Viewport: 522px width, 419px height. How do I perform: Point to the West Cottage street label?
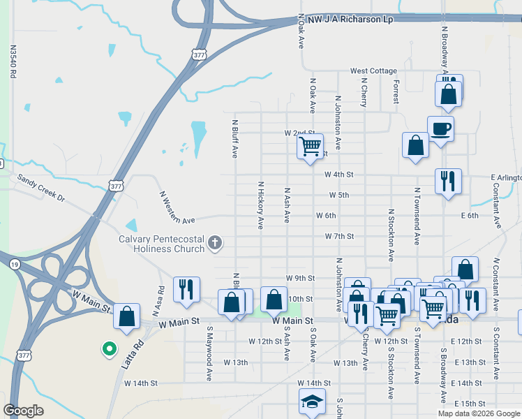(x=373, y=71)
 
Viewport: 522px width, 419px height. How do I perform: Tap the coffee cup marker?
(x=440, y=129)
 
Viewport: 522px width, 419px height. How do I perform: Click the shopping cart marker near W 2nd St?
(x=310, y=147)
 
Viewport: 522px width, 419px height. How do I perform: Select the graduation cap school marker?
(x=312, y=402)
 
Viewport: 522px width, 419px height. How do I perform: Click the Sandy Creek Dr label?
(x=41, y=188)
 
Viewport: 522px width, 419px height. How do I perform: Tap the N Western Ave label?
(x=177, y=208)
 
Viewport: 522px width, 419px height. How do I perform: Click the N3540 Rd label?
(x=13, y=62)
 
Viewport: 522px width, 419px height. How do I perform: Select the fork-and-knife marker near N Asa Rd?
(x=186, y=289)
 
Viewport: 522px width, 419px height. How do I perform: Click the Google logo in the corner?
(x=24, y=410)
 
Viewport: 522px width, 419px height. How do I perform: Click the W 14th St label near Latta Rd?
(x=142, y=383)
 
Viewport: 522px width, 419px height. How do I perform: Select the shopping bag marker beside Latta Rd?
(x=127, y=317)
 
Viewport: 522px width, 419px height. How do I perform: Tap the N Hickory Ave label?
(x=261, y=205)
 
